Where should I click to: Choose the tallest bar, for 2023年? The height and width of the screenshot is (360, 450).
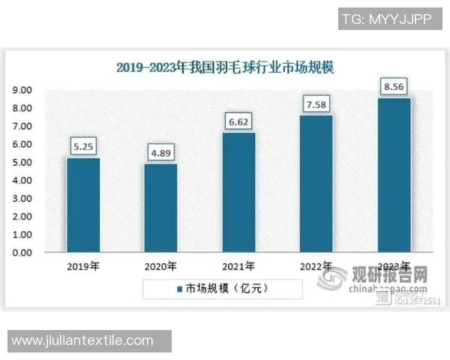point(394,175)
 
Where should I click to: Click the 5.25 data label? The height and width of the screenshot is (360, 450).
point(83,146)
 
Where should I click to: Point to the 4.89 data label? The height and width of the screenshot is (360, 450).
point(160,153)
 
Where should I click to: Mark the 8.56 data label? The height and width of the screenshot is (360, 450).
point(394,87)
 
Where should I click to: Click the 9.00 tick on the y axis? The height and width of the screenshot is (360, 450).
point(22,91)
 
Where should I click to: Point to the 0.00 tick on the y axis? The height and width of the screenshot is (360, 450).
point(22,253)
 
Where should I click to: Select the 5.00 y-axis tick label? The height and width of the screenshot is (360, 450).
point(22,163)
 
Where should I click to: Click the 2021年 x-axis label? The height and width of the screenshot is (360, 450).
point(238,266)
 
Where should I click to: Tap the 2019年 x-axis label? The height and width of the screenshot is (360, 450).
point(83,266)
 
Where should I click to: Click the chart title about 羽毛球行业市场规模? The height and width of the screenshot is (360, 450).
point(225,67)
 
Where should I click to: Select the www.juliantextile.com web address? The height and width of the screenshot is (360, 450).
point(82,341)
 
